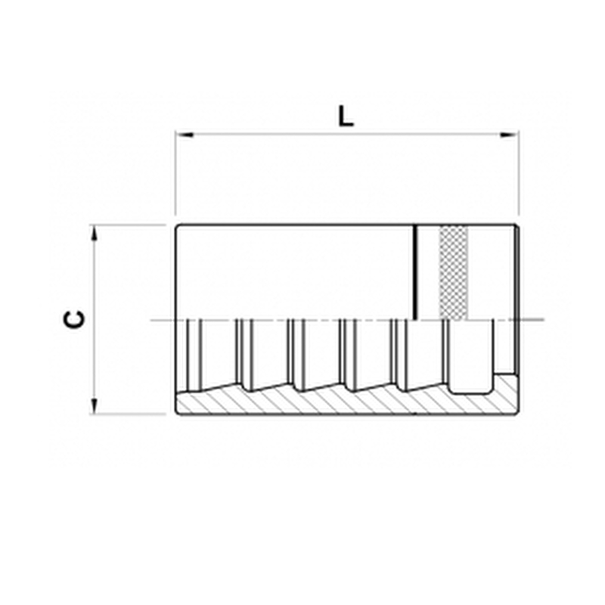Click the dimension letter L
point(346,116)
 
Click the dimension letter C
point(74,319)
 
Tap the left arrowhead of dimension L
point(185,135)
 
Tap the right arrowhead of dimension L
point(509,135)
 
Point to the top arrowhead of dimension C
point(94,233)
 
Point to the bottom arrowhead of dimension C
point(94,406)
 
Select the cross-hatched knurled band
point(454,273)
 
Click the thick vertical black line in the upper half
point(415,272)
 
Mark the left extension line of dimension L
point(176,173)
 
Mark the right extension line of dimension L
point(519,173)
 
